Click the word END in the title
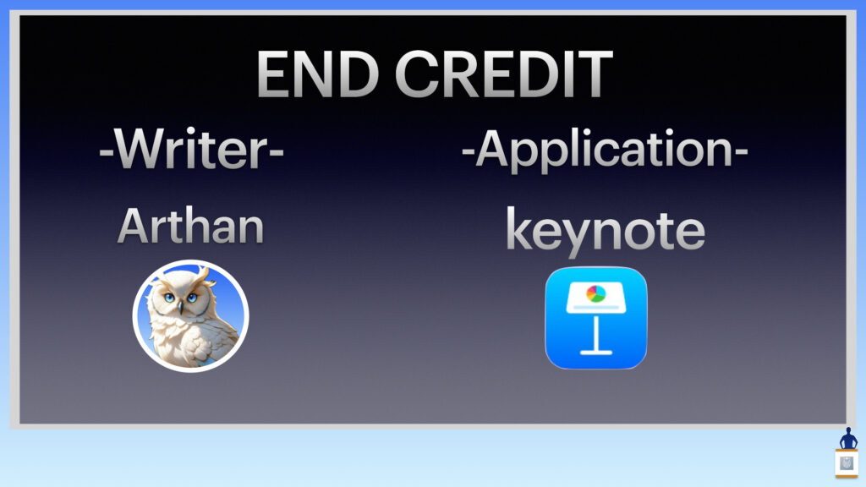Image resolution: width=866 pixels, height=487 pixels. [x=318, y=74]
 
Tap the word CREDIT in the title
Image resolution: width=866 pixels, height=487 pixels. [x=504, y=74]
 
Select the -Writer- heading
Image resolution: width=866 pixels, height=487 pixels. [x=191, y=149]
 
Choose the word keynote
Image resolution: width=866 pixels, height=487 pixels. [x=606, y=232]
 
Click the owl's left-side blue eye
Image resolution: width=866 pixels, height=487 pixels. [x=168, y=298]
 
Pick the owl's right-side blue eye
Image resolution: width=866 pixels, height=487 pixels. [x=192, y=298]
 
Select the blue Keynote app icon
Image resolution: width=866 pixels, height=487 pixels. [x=596, y=318]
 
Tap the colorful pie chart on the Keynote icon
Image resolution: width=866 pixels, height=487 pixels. [x=595, y=293]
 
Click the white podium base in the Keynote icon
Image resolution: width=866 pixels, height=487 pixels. [x=596, y=352]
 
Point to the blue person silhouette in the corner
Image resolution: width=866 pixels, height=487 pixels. [x=848, y=439]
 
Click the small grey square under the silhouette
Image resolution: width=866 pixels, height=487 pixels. [x=847, y=463]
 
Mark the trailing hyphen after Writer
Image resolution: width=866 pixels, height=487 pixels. [x=277, y=150]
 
